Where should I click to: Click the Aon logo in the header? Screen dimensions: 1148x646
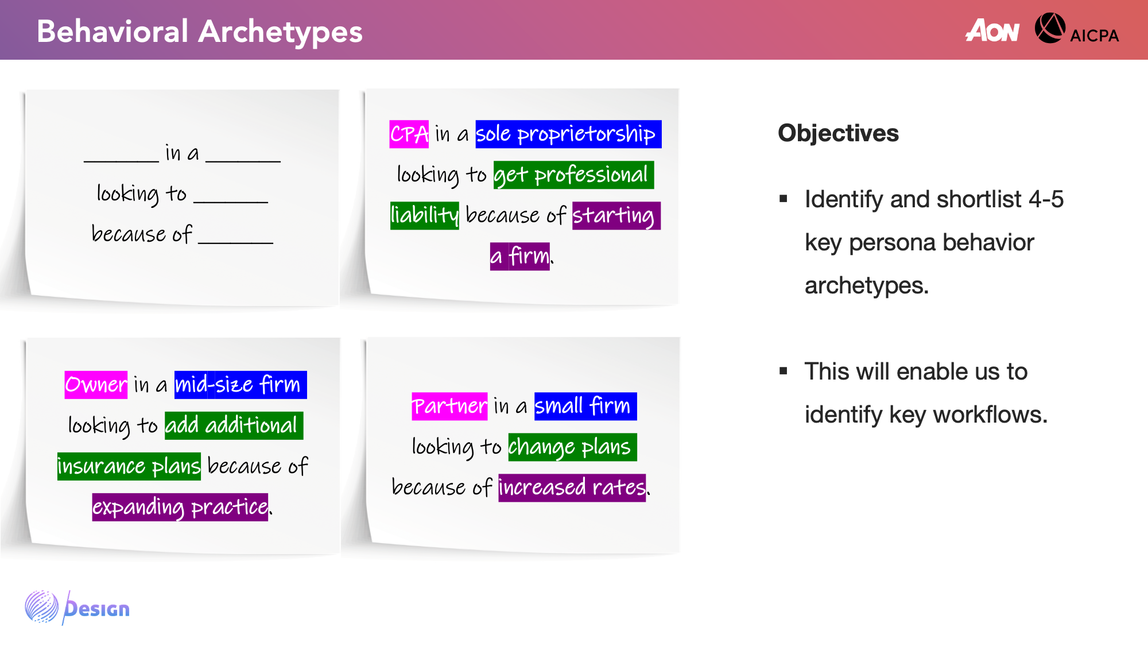[992, 30]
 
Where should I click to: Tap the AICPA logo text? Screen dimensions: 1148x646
[1094, 36]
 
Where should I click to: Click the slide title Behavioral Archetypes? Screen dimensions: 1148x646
[200, 32]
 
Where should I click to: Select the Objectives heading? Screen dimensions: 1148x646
[838, 133]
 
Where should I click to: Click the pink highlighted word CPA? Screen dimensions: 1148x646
[409, 134]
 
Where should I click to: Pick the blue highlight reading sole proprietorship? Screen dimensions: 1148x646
[568, 134]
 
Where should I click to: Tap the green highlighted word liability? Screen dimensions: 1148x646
[425, 216]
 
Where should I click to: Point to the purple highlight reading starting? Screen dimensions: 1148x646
[616, 216]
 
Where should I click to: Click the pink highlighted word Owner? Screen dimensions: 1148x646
[96, 385]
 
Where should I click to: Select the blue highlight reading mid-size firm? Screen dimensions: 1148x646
[241, 385]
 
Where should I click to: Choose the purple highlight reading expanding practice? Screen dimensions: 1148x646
[180, 507]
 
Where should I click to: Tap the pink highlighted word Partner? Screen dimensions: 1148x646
[449, 407]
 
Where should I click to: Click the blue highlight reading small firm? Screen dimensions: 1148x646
[585, 407]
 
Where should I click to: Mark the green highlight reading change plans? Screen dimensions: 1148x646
[572, 447]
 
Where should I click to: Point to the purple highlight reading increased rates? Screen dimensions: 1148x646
[572, 488]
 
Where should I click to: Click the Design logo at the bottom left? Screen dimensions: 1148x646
[77, 608]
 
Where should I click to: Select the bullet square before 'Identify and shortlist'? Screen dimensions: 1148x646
[784, 199]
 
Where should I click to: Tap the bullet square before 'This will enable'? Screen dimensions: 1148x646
[784, 372]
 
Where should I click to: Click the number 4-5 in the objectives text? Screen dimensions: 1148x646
[1046, 200]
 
